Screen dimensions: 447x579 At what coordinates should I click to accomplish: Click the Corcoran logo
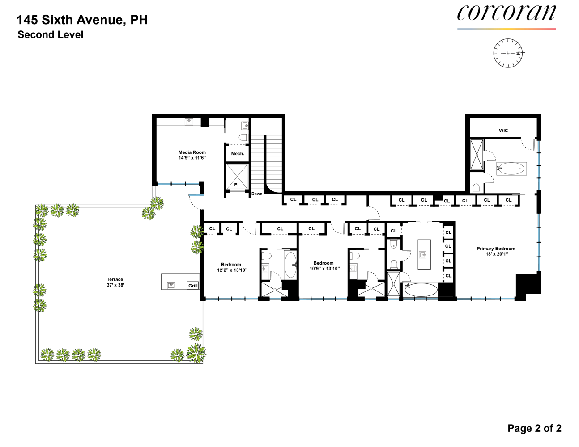click(x=506, y=13)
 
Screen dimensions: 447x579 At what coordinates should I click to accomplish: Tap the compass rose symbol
click(x=508, y=53)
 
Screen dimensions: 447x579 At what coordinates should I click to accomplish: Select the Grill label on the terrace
click(x=193, y=286)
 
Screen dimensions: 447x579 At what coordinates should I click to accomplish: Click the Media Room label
click(x=192, y=155)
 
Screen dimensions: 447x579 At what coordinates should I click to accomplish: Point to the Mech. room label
click(x=238, y=154)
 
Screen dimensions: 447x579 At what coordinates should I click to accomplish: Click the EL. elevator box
click(x=237, y=177)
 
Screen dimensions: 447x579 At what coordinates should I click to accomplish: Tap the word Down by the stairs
click(x=257, y=194)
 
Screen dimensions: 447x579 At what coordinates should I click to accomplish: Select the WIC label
click(x=503, y=131)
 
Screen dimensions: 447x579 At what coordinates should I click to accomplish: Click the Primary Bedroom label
click(x=496, y=251)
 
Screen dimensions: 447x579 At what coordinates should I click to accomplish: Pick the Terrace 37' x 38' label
click(x=115, y=282)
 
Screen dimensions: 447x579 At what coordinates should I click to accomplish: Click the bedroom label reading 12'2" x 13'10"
click(x=232, y=267)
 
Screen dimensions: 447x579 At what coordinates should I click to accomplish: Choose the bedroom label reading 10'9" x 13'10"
click(x=324, y=266)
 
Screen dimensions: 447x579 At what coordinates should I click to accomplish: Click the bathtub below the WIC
click(x=511, y=169)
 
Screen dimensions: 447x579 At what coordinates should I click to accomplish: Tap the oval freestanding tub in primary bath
click(x=421, y=289)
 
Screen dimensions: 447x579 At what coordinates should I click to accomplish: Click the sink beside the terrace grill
click(x=171, y=285)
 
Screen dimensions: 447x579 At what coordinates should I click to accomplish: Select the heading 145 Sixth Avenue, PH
click(x=82, y=20)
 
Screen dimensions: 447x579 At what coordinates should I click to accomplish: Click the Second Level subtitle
click(x=50, y=35)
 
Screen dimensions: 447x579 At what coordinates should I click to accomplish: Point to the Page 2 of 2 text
click(x=534, y=428)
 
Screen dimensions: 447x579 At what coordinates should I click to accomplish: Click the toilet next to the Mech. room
click(x=243, y=137)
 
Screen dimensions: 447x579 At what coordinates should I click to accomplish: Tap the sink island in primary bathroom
click(x=424, y=254)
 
